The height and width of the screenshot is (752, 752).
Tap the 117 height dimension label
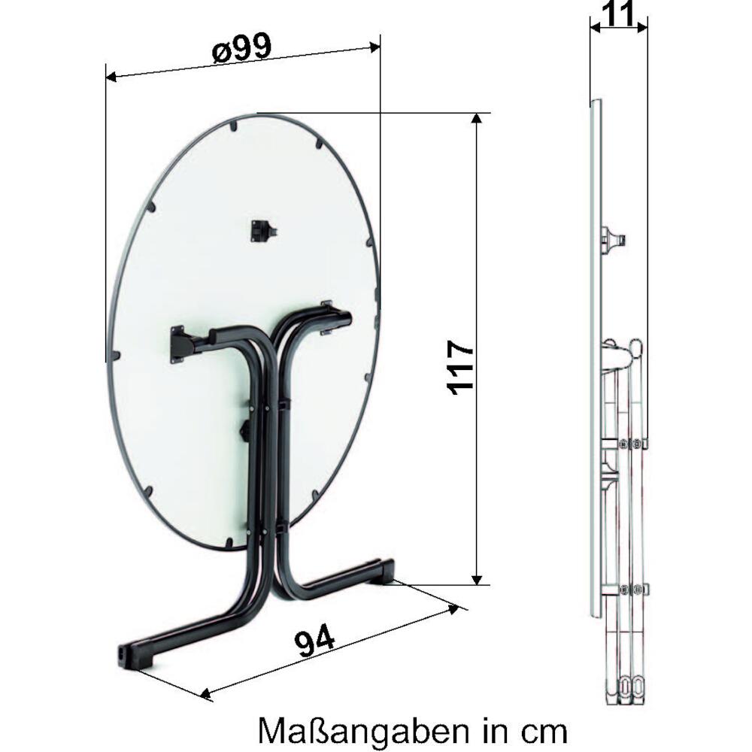pos(462,368)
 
